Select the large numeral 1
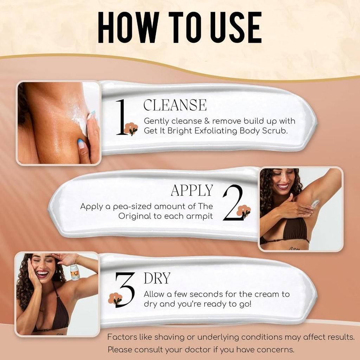121,117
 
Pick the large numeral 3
125,290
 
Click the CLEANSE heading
175,105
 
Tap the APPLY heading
192,190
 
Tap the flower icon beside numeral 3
115,298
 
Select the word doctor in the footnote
198,350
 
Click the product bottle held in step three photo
75,272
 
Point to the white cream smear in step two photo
315,204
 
